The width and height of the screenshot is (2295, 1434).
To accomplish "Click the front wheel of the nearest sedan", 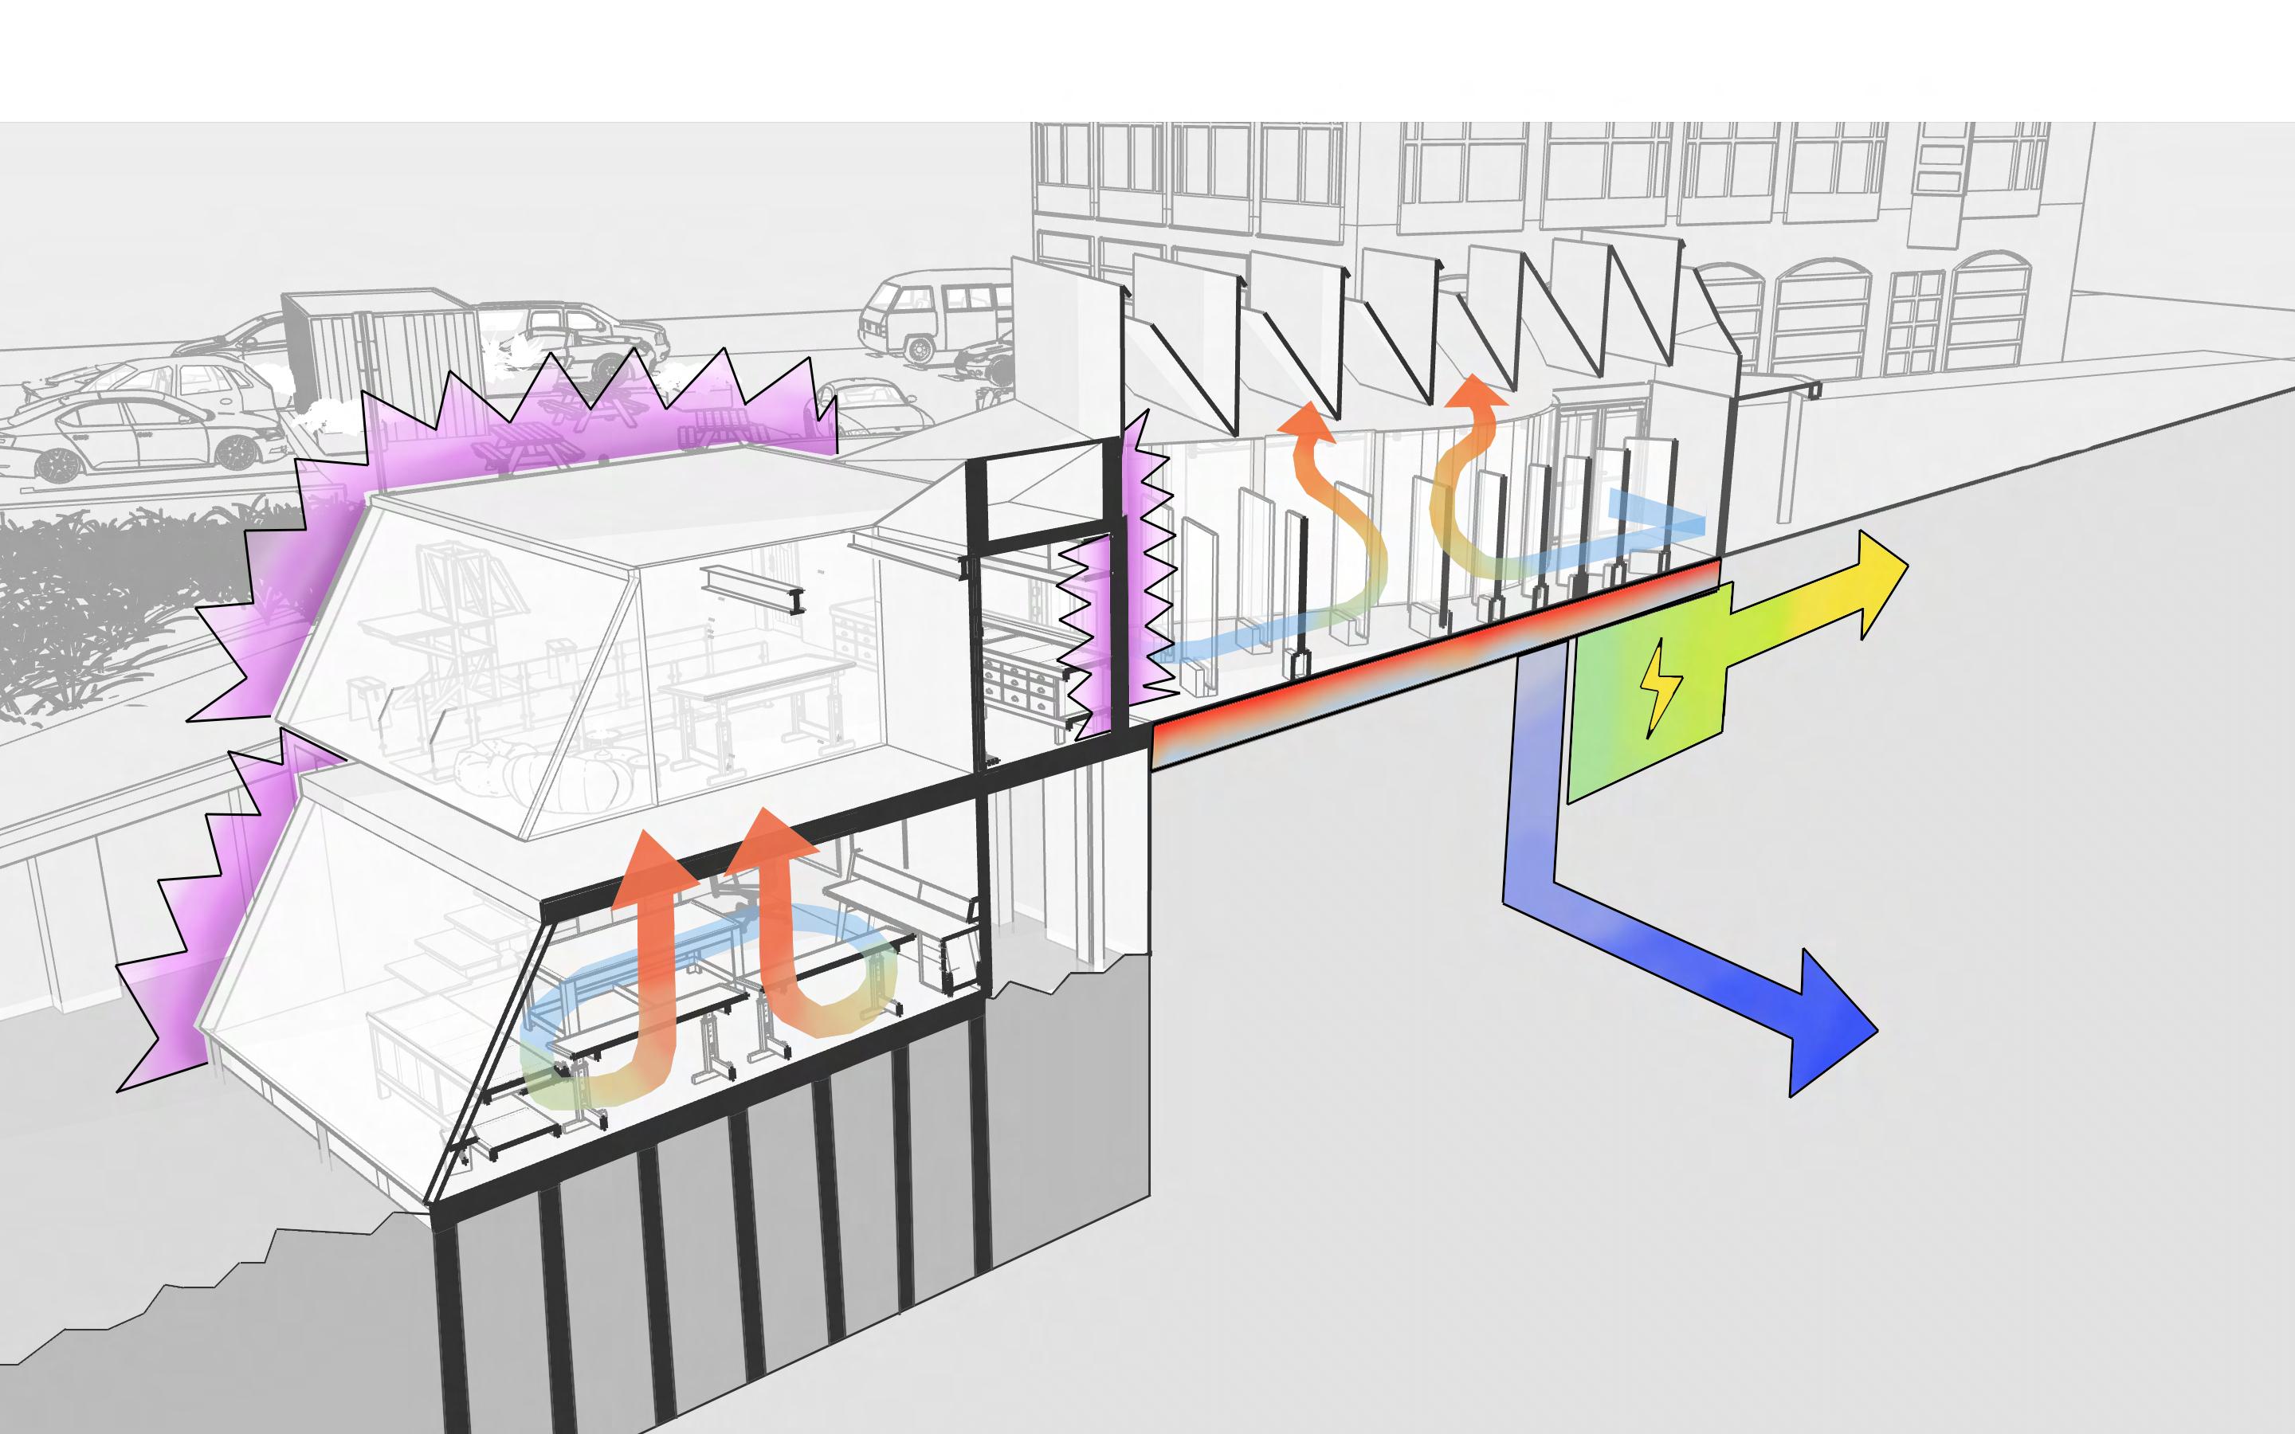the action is point(59,464).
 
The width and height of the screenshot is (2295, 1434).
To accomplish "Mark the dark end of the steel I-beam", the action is point(798,599).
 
